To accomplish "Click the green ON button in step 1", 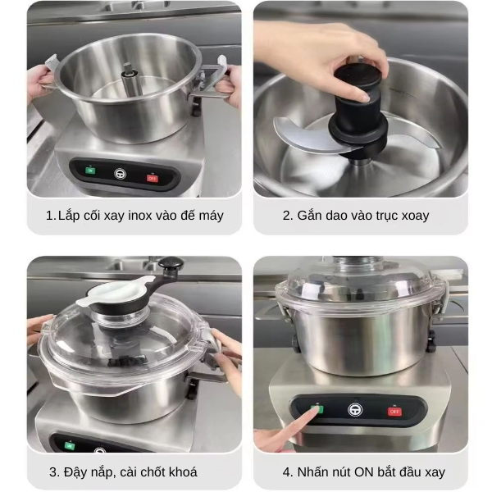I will tap(90, 171).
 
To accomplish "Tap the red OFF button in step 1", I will tap(152, 176).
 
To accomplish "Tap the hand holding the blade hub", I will tap(328, 49).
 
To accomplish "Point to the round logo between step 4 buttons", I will tap(356, 408).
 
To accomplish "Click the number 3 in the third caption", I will tap(53, 471).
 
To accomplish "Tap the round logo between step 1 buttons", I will tap(121, 173).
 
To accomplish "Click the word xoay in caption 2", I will tap(412, 216).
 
